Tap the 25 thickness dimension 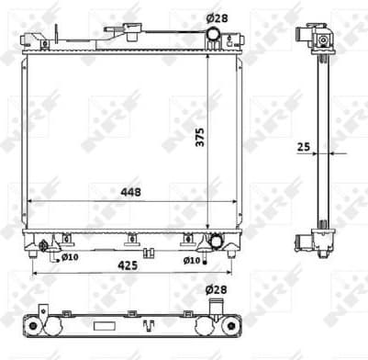click(303, 145)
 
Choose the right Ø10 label click(190, 260)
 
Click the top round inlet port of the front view click(212, 36)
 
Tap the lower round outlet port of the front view click(217, 242)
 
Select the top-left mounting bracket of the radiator click(42, 42)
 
